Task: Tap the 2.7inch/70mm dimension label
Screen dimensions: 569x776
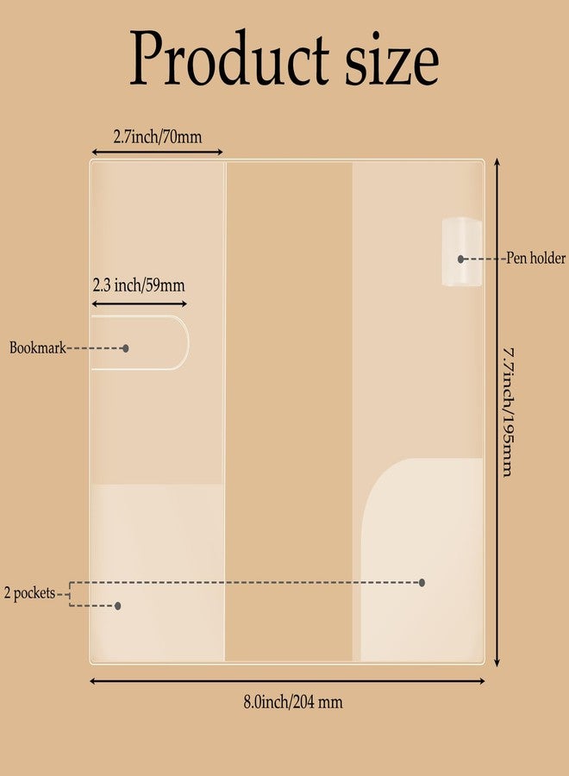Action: (158, 136)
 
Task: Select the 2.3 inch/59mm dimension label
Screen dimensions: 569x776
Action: (139, 285)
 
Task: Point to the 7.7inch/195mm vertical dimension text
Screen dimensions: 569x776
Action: (509, 413)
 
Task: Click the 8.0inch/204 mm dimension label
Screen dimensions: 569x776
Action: (293, 702)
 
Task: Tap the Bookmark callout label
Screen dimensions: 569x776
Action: (38, 347)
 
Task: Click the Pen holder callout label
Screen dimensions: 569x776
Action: (535, 258)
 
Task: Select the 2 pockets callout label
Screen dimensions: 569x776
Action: (29, 593)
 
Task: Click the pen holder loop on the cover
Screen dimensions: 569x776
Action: (461, 252)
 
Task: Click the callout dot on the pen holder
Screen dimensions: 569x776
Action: (460, 259)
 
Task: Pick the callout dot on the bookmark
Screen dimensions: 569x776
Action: (126, 348)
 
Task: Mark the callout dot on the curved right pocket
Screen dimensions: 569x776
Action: (422, 583)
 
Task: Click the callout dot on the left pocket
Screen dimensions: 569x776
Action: (118, 605)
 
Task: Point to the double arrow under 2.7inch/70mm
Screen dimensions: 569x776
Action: (158, 153)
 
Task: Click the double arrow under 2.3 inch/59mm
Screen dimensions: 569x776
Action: (140, 304)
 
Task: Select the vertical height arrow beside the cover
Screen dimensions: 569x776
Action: (497, 413)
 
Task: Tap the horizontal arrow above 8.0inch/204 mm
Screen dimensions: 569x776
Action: (287, 681)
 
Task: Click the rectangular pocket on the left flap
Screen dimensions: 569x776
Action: (158, 573)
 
